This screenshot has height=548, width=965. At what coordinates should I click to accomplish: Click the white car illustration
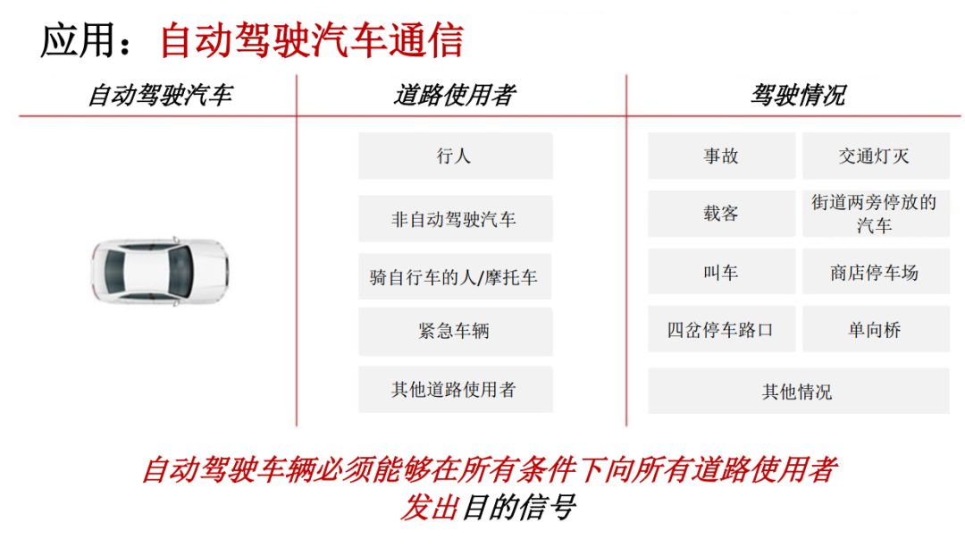[x=160, y=272]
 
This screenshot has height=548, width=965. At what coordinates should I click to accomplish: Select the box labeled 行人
[x=455, y=156]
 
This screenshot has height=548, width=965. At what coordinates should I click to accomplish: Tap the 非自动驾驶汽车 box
[x=455, y=219]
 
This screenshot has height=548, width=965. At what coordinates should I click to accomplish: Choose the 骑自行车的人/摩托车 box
[x=455, y=277]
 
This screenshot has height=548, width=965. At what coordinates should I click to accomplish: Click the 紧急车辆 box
[x=455, y=332]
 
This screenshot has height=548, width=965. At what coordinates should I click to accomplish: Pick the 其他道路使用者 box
[x=455, y=390]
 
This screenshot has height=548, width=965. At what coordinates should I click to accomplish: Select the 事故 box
[x=721, y=156]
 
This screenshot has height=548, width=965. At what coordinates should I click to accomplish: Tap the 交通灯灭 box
[x=874, y=156]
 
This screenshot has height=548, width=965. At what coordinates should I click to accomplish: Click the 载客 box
[x=721, y=214]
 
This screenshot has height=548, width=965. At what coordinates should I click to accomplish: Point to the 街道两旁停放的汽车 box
[x=874, y=214]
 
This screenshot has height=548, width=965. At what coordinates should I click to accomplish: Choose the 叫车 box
[x=721, y=273]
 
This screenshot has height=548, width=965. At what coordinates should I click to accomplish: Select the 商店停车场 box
[x=874, y=273]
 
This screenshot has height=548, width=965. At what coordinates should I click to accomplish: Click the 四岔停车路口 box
[x=721, y=330]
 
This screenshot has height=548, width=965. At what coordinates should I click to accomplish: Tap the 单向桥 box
[x=874, y=330]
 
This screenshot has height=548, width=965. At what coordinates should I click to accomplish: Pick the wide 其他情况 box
[x=797, y=392]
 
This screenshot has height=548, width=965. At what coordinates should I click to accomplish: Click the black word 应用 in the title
[x=79, y=41]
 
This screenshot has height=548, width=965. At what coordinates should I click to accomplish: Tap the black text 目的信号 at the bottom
[x=518, y=508]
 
